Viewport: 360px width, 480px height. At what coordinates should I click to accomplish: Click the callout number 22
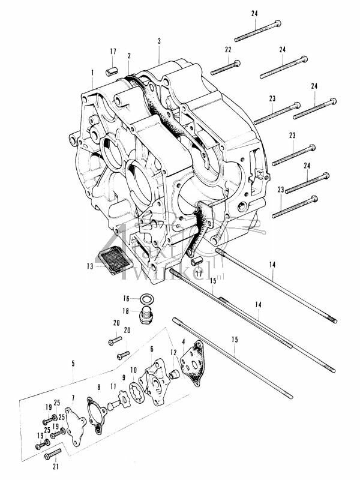coord(228,49)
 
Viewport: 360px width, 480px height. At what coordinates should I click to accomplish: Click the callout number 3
coord(159,41)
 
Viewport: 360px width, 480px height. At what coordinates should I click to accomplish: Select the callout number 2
coord(129,56)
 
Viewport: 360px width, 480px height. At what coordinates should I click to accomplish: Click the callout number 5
coord(73,363)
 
